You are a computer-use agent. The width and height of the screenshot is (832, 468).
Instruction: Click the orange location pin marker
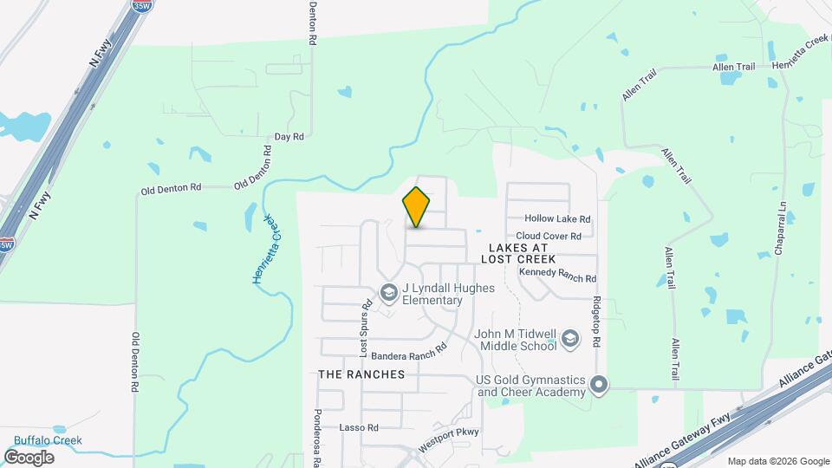(x=417, y=207)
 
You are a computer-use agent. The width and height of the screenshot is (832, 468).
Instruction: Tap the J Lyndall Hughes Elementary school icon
(x=389, y=295)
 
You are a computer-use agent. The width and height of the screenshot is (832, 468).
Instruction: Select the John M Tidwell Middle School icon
(x=570, y=339)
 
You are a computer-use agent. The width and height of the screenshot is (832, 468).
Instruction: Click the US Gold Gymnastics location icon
(x=599, y=384)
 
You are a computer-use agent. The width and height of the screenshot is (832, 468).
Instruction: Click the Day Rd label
(x=289, y=137)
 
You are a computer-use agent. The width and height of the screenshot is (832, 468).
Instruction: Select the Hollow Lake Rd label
(x=557, y=220)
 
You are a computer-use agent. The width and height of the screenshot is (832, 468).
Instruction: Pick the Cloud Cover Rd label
(x=549, y=236)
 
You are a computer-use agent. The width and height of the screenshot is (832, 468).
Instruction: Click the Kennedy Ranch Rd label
(x=557, y=276)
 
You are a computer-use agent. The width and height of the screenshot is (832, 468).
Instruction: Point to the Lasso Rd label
(x=359, y=428)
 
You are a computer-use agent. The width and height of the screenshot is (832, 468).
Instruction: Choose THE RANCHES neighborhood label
(x=361, y=374)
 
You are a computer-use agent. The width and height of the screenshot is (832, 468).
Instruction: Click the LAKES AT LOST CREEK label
(x=528, y=253)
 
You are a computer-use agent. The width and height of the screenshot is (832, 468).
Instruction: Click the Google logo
(x=29, y=457)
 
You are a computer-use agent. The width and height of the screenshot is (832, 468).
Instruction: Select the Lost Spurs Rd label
(x=367, y=329)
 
